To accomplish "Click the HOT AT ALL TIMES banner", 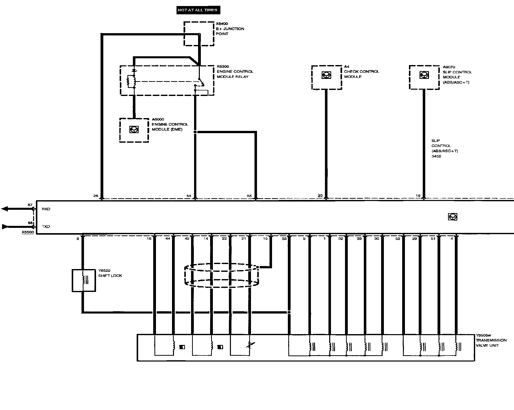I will point(198,10).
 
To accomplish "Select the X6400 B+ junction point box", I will point(199,34).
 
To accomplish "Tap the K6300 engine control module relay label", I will point(235,72).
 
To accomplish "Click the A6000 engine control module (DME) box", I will point(134,130).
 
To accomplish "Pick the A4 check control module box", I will point(326,77).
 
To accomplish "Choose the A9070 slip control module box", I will point(424,77).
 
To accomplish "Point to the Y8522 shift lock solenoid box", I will point(84,280).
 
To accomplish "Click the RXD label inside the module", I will point(46,209).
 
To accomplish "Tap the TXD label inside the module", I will point(46,226).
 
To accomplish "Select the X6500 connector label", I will point(28,232).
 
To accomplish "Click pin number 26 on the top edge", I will point(96,196).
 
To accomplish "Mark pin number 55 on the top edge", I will point(249,196).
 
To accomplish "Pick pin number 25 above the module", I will point(320,195).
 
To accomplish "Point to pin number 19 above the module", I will point(418,195).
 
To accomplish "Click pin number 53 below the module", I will point(284,238).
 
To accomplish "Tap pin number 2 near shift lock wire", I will point(78,238).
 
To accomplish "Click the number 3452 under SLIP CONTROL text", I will point(436,156).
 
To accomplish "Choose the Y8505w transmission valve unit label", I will point(491,340).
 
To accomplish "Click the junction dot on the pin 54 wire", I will point(195,132).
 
